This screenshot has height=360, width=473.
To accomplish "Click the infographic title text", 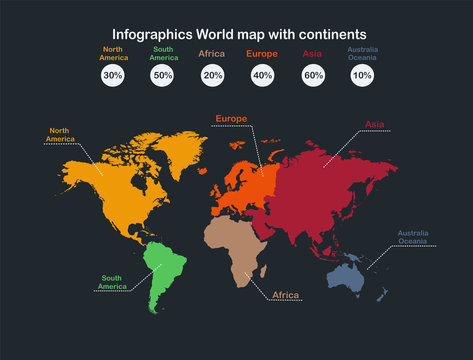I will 238,33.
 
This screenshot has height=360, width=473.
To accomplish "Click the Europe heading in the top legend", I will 262,53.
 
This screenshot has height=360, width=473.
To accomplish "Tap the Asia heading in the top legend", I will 312,53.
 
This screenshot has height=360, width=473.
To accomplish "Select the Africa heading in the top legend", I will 212,53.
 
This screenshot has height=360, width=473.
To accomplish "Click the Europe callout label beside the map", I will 231,118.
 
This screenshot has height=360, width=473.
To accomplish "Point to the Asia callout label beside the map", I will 375,125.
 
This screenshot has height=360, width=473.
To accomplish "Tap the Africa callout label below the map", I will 287,295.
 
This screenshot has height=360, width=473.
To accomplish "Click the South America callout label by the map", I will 112,282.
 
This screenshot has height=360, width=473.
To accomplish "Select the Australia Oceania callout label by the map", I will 412,237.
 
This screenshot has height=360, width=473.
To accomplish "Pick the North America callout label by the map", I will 61,134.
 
